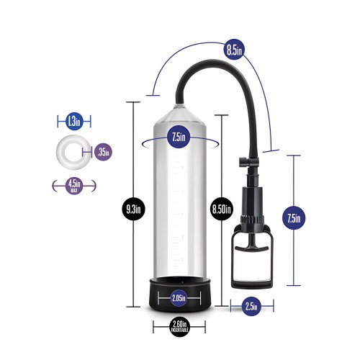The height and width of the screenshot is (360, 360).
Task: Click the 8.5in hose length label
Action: click(x=233, y=50)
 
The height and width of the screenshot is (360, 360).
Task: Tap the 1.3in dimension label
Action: click(x=73, y=120)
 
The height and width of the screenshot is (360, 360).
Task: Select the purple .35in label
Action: click(x=102, y=151)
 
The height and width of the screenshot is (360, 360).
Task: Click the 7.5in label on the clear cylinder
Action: click(x=179, y=137)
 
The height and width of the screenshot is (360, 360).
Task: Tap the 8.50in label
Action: click(x=220, y=209)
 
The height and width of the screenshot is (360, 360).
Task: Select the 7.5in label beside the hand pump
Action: click(x=293, y=216)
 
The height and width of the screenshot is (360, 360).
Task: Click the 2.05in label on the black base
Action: click(x=179, y=297)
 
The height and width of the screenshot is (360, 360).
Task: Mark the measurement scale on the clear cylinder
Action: click(x=179, y=209)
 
